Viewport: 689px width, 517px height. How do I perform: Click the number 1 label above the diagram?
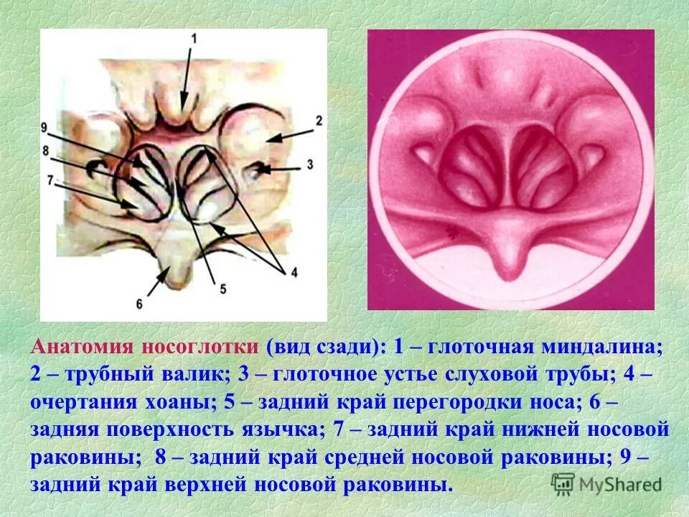pos(192,39)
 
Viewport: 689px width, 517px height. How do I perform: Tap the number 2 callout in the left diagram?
pos(319,120)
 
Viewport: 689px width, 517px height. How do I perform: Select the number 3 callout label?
pos(309,164)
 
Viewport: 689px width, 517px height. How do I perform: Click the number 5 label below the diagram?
pos(222,289)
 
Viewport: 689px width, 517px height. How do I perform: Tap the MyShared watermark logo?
pos(606,484)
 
